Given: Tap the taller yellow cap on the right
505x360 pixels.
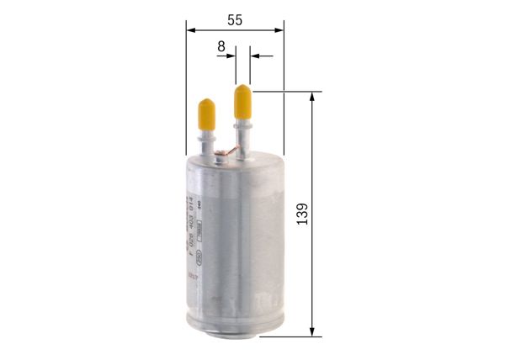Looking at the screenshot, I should click(x=243, y=100).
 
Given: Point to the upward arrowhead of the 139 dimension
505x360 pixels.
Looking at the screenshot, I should click(x=313, y=96).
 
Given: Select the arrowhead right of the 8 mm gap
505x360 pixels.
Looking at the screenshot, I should click(x=256, y=57).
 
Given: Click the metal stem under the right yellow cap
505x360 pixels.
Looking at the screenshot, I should click(x=243, y=135).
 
